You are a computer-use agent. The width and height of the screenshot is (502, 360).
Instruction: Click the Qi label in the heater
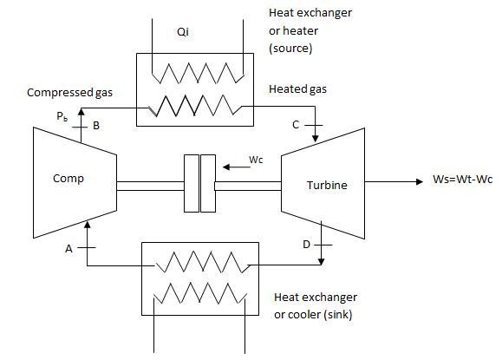[x=193, y=33]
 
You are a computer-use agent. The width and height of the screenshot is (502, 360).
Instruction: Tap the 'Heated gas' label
[x=298, y=89]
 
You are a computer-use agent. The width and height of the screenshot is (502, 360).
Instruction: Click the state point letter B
[x=96, y=126]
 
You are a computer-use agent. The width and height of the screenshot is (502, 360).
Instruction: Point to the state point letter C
[x=297, y=125]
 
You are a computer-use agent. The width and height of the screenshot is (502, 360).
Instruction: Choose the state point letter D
[x=306, y=245]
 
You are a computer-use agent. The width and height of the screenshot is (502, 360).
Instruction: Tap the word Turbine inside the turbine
[x=326, y=186]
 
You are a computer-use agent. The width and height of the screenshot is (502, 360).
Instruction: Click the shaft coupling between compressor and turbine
[x=199, y=184]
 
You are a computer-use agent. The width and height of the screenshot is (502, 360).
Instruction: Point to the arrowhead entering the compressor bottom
[x=88, y=225]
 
